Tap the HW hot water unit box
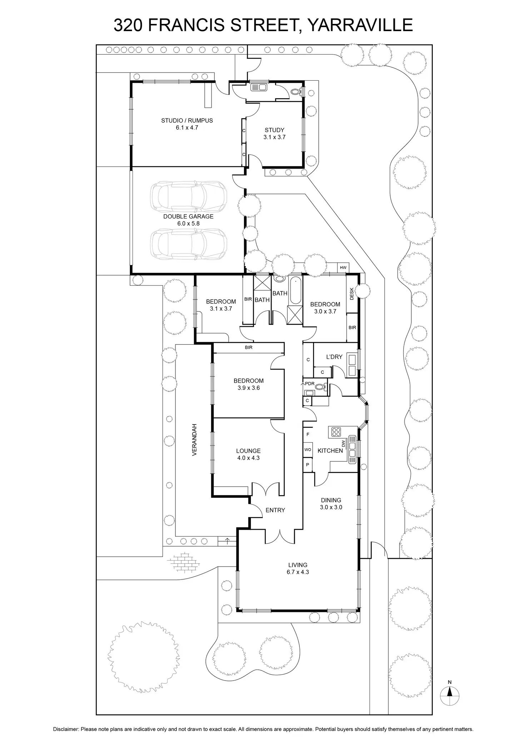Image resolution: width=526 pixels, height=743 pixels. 343,267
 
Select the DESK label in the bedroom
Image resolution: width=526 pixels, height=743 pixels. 352,293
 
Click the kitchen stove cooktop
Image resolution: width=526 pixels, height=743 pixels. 336,432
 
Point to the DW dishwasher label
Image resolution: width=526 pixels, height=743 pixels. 344,444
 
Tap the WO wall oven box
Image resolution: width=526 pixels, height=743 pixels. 308,450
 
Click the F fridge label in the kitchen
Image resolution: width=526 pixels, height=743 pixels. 308,435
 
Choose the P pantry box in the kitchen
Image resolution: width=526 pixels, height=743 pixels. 308,465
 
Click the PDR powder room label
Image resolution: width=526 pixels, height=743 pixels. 309,384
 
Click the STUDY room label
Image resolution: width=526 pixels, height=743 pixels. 274,130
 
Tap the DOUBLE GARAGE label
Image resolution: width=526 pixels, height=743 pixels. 188,216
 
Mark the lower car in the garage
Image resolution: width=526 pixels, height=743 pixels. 189,244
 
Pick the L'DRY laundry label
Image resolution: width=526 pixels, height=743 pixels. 334,357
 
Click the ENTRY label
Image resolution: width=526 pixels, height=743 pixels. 275,510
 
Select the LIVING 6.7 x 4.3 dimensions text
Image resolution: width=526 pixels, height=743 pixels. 298,582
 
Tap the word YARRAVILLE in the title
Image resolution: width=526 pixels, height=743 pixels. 360,25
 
